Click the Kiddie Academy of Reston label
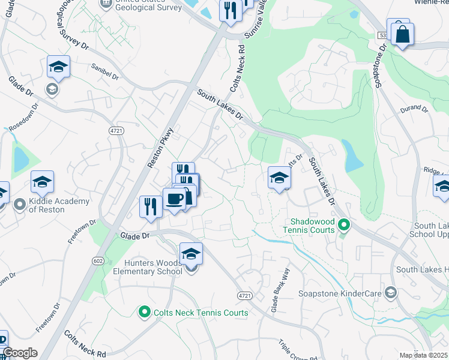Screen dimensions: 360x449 [x=59, y=205]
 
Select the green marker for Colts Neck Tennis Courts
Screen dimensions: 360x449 [x=144, y=312]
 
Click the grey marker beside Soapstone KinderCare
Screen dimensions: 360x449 [x=391, y=292]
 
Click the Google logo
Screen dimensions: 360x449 [x=19, y=353]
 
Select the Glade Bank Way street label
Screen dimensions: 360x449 [x=276, y=299]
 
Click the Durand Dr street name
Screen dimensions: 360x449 [x=414, y=110]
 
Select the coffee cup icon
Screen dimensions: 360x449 [x=174, y=199]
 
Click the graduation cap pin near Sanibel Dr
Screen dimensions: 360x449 [x=58, y=68]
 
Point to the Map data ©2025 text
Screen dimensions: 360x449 [x=423, y=355]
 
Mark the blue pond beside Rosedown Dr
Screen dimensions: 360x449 [x=21, y=158]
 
